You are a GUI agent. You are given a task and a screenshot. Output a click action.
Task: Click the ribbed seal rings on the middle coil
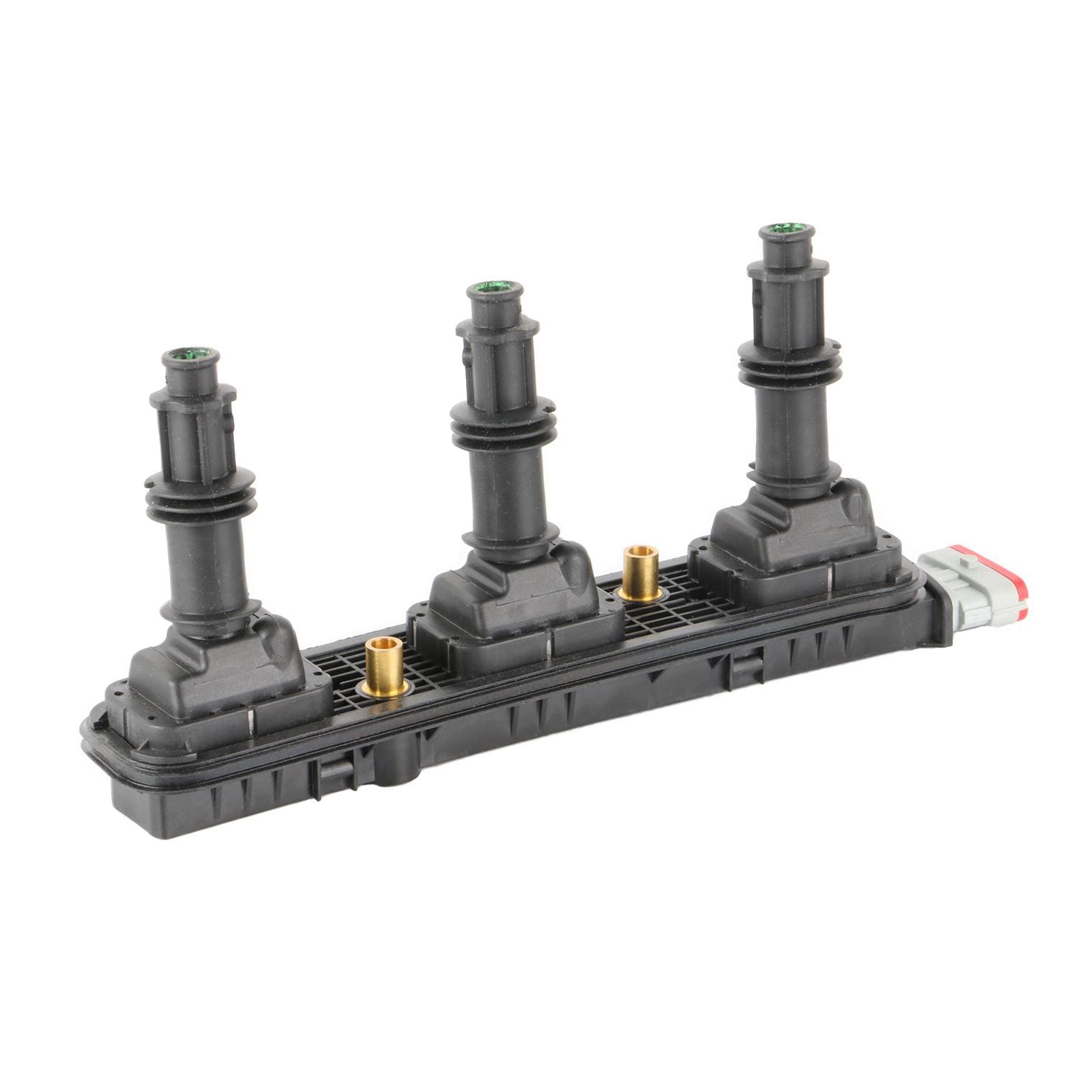tap(496, 428)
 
